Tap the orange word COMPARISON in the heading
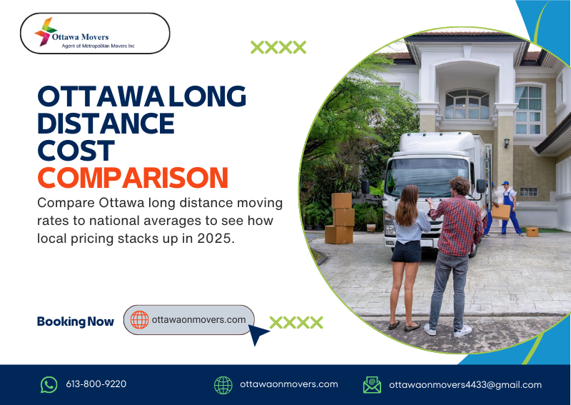click(133, 177)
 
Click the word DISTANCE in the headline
click(106, 123)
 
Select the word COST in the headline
click(76, 150)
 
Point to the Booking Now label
click(75, 321)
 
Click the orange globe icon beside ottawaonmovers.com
click(139, 320)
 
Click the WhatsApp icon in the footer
click(49, 384)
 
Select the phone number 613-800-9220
click(96, 384)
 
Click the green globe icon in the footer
click(223, 384)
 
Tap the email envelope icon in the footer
click(372, 384)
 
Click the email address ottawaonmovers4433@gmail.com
click(465, 384)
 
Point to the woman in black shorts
click(408, 250)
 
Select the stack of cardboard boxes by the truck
click(341, 218)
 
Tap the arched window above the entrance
click(467, 104)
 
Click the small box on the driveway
click(532, 231)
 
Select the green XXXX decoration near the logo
click(278, 48)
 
